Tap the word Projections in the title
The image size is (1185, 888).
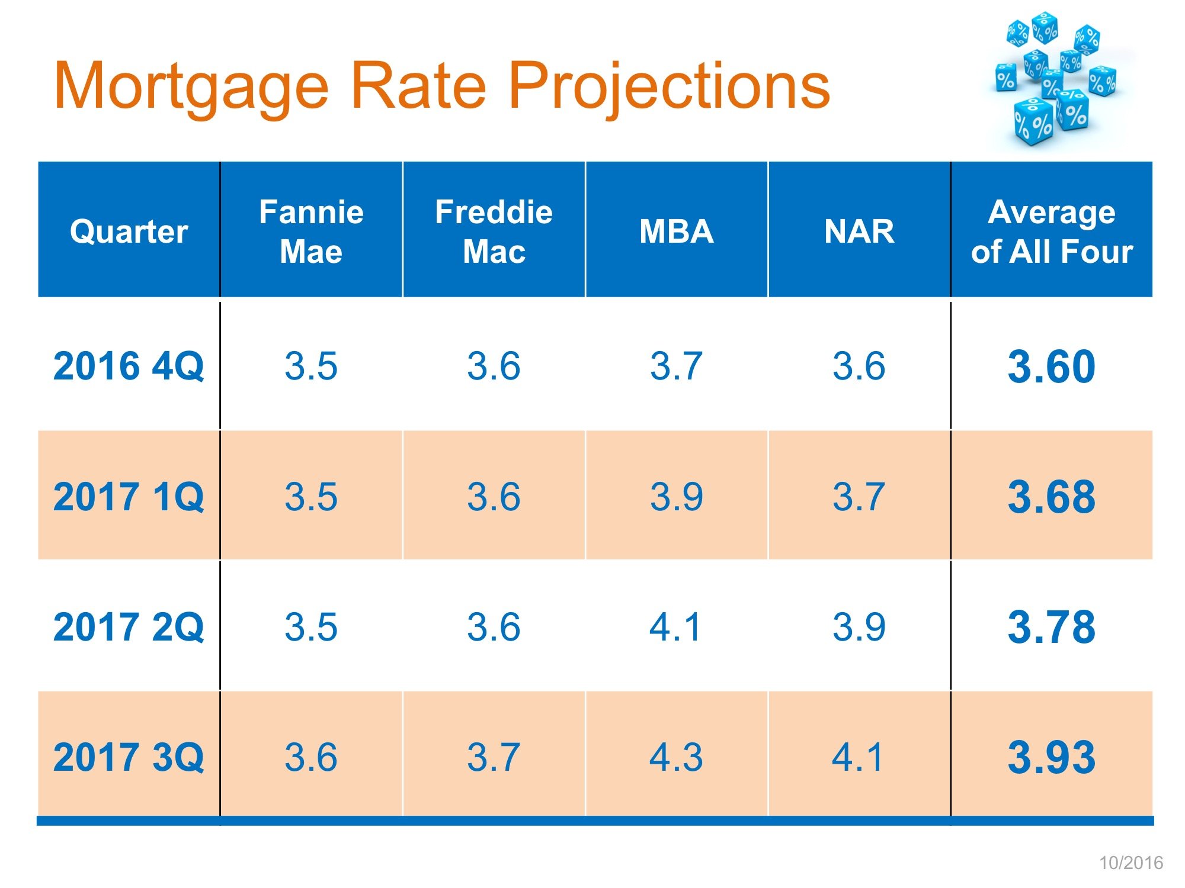pyautogui.click(x=670, y=88)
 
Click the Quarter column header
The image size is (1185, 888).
pyautogui.click(x=129, y=231)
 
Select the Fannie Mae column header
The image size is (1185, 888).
pyautogui.click(x=311, y=231)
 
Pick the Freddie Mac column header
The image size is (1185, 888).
pyautogui.click(x=494, y=231)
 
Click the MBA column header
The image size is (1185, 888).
pyautogui.click(x=676, y=231)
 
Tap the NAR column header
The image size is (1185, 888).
pyautogui.click(x=859, y=231)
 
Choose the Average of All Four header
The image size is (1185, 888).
pyautogui.click(x=1052, y=231)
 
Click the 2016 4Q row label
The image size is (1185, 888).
pyautogui.click(x=129, y=366)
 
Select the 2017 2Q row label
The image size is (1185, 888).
pyautogui.click(x=129, y=626)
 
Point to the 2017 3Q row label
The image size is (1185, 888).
pyautogui.click(x=129, y=757)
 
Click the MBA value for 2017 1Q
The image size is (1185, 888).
pyautogui.click(x=676, y=496)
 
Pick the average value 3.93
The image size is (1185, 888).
pyautogui.click(x=1052, y=757)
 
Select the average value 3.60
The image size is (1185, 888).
pyautogui.click(x=1052, y=366)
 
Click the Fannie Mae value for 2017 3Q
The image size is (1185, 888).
pyautogui.click(x=311, y=757)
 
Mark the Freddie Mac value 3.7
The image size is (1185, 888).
pyautogui.click(x=494, y=757)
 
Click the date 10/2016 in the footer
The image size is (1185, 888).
pyautogui.click(x=1131, y=863)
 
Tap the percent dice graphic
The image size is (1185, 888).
pyautogui.click(x=1055, y=80)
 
